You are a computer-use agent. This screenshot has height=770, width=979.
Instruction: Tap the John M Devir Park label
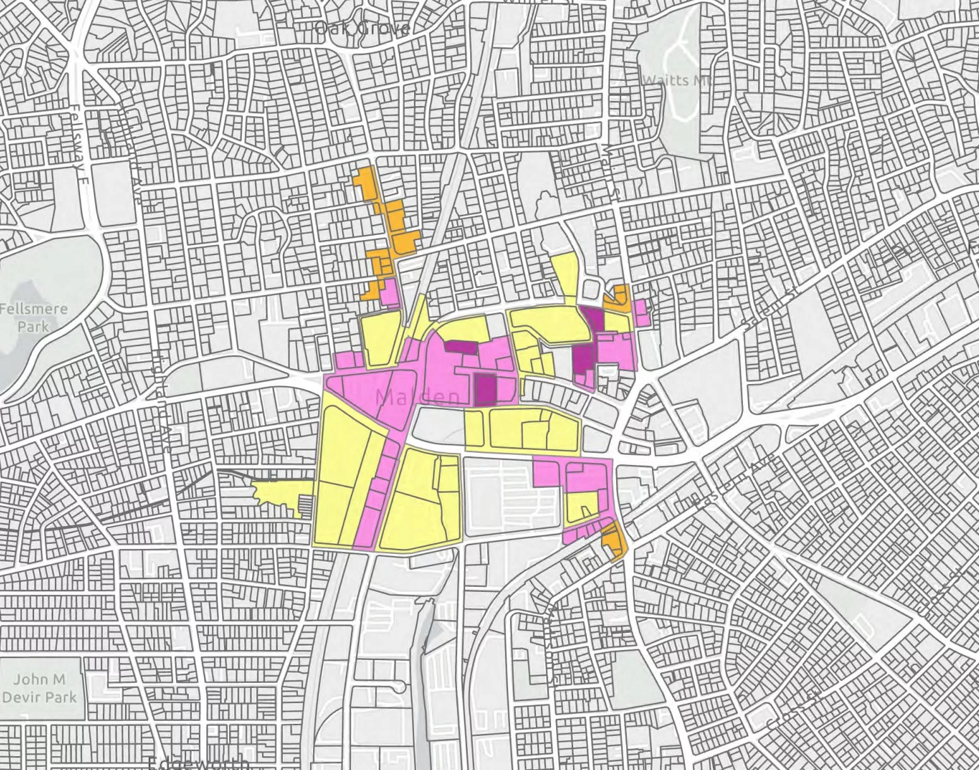(x=39, y=689)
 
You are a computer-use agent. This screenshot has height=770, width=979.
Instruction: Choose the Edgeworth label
(x=199, y=763)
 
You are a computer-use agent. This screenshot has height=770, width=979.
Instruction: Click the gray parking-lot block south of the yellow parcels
(x=511, y=493)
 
